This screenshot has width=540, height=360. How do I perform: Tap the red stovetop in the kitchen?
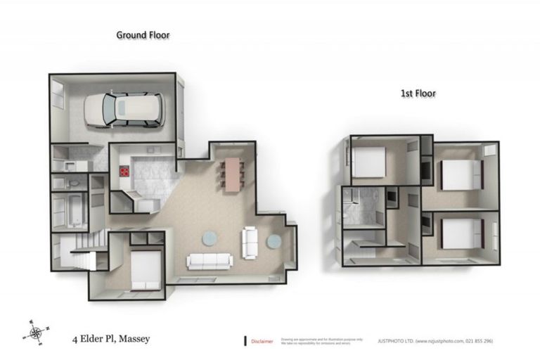(124, 170)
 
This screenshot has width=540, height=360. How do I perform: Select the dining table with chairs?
(230, 172)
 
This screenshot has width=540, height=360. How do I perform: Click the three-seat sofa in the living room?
(209, 262)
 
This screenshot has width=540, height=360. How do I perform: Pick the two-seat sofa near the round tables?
(250, 243)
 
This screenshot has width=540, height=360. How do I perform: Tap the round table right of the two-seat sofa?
(274, 241)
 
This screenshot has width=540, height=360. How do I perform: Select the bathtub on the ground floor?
(72, 209)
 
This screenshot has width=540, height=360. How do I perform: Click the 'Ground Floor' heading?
(143, 34)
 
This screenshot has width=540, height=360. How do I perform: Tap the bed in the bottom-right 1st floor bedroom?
(461, 233)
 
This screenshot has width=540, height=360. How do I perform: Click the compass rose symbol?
(37, 330)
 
